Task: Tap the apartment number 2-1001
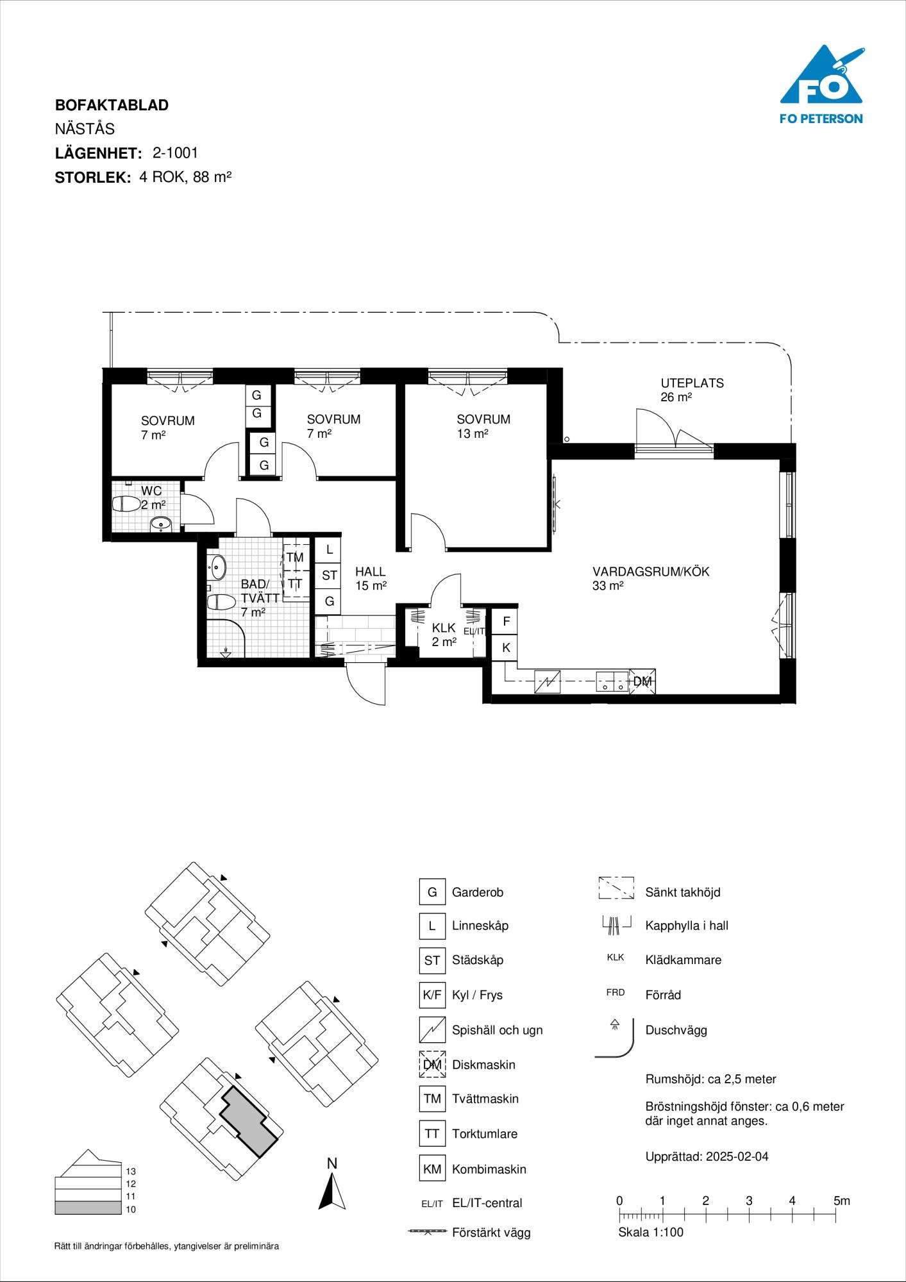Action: point(175,153)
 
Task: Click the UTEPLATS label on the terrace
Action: point(692,383)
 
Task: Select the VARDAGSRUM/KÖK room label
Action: point(651,571)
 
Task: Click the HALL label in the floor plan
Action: point(371,572)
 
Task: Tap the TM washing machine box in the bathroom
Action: point(294,558)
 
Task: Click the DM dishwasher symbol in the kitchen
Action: point(642,681)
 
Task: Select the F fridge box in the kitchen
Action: point(506,621)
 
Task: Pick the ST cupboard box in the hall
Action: point(329,576)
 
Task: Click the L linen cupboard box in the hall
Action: point(329,549)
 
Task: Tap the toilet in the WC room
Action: point(126,504)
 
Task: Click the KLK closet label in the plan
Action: point(444,628)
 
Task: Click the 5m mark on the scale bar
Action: point(841,1201)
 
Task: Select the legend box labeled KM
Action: point(432,1169)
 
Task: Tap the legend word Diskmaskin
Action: point(483,1064)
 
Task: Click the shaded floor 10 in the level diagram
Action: point(87,1208)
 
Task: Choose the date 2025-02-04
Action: point(738,1156)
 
